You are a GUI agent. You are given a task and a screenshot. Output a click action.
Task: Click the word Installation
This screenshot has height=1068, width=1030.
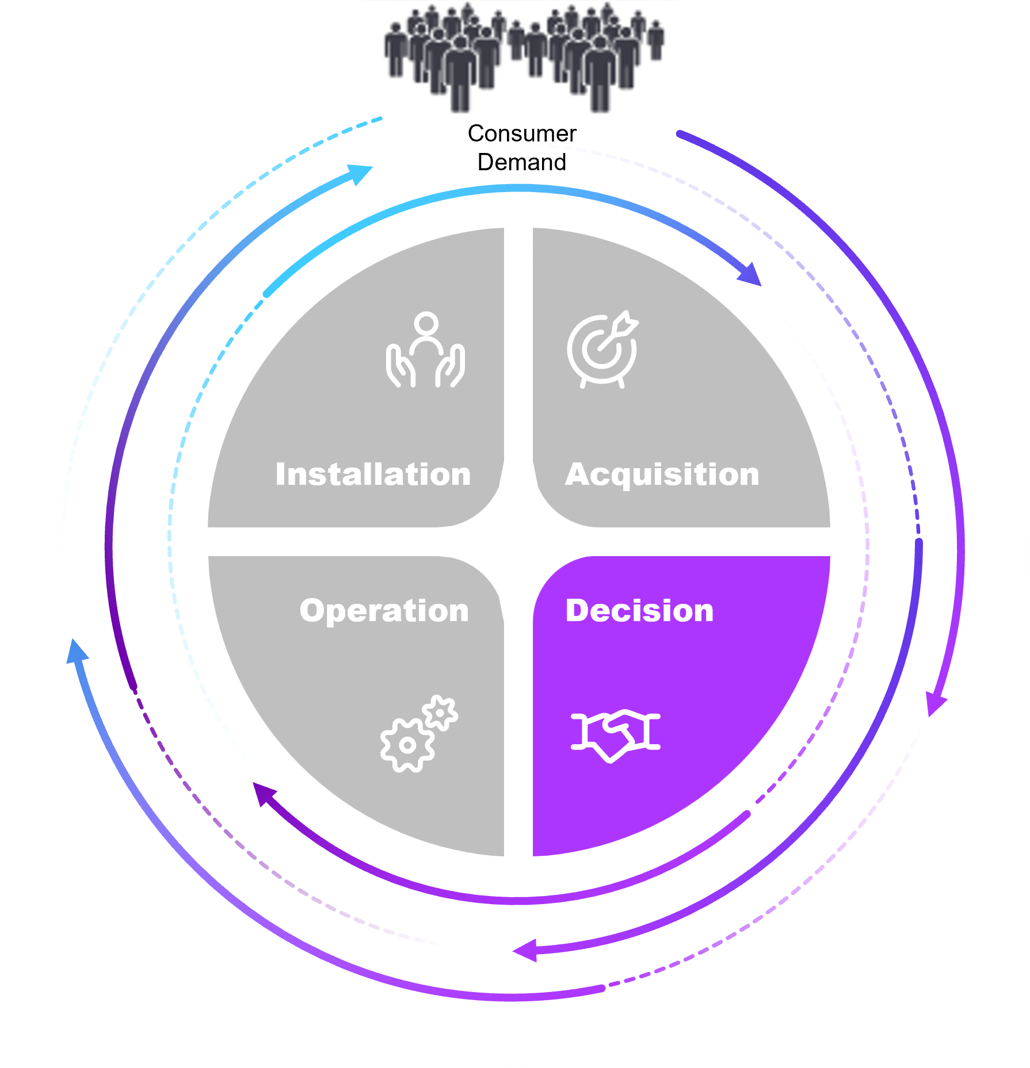(x=373, y=474)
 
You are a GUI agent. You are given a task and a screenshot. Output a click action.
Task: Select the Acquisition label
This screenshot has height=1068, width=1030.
(x=662, y=474)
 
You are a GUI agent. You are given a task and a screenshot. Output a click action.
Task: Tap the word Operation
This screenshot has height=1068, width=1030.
(x=384, y=610)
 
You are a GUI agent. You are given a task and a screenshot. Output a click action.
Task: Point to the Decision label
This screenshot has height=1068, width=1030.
(x=639, y=610)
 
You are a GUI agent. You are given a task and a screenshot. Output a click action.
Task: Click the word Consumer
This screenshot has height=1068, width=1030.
(x=522, y=133)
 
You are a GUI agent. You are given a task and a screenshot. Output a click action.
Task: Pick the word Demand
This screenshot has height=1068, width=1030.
(x=522, y=162)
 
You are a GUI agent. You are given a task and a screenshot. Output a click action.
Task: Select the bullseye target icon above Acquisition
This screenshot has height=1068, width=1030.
(x=602, y=350)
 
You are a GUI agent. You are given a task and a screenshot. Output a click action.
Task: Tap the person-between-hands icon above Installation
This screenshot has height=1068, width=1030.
(x=425, y=351)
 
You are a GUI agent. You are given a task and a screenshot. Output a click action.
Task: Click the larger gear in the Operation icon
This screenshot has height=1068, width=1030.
(x=407, y=745)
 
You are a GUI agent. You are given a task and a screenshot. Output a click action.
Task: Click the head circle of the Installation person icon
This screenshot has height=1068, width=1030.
(x=426, y=323)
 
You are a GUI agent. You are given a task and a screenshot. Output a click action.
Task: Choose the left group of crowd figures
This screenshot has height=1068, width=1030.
(x=443, y=55)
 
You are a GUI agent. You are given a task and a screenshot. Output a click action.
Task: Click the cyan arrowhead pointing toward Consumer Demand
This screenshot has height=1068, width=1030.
(x=360, y=173)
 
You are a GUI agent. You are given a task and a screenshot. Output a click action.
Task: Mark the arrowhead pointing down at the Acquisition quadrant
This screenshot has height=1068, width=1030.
(x=750, y=274)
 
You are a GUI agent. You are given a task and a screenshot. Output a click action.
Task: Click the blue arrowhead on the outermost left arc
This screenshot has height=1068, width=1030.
(x=77, y=652)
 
